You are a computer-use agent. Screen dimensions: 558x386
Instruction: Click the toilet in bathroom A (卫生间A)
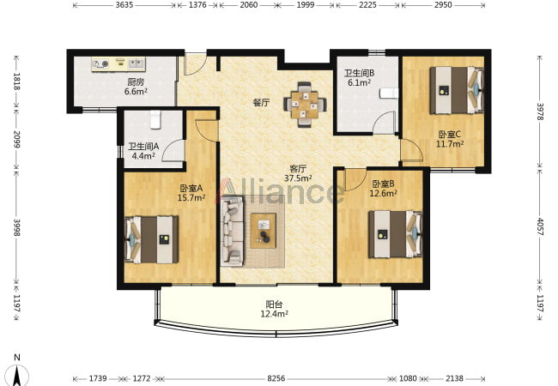click(x=155, y=119)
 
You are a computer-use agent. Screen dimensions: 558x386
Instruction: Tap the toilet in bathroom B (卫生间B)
click(x=389, y=93)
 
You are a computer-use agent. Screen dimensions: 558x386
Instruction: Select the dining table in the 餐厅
click(x=304, y=105)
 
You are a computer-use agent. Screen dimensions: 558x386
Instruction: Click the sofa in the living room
click(x=232, y=232)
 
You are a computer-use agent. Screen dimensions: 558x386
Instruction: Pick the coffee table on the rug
click(x=264, y=231)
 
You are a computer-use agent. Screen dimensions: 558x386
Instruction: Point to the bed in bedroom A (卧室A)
click(x=152, y=239)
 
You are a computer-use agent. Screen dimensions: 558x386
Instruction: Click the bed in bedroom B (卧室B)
click(x=396, y=234)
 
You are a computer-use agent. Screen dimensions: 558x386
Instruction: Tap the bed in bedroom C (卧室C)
click(x=457, y=90)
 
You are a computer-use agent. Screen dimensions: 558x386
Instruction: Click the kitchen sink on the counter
click(x=136, y=63)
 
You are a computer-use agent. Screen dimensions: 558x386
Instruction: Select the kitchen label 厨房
click(x=136, y=82)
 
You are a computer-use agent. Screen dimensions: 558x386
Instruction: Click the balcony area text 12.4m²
click(x=275, y=314)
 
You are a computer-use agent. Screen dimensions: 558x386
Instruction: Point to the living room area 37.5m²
click(x=298, y=178)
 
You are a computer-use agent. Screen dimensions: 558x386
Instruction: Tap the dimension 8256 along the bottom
click(x=276, y=378)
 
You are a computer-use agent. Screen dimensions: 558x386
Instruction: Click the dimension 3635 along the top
click(x=124, y=5)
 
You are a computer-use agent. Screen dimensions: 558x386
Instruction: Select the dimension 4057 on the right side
click(x=540, y=226)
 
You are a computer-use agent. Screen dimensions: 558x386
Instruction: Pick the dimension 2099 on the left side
click(x=16, y=139)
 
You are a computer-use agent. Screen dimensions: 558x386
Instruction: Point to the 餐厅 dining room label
click(x=261, y=103)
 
